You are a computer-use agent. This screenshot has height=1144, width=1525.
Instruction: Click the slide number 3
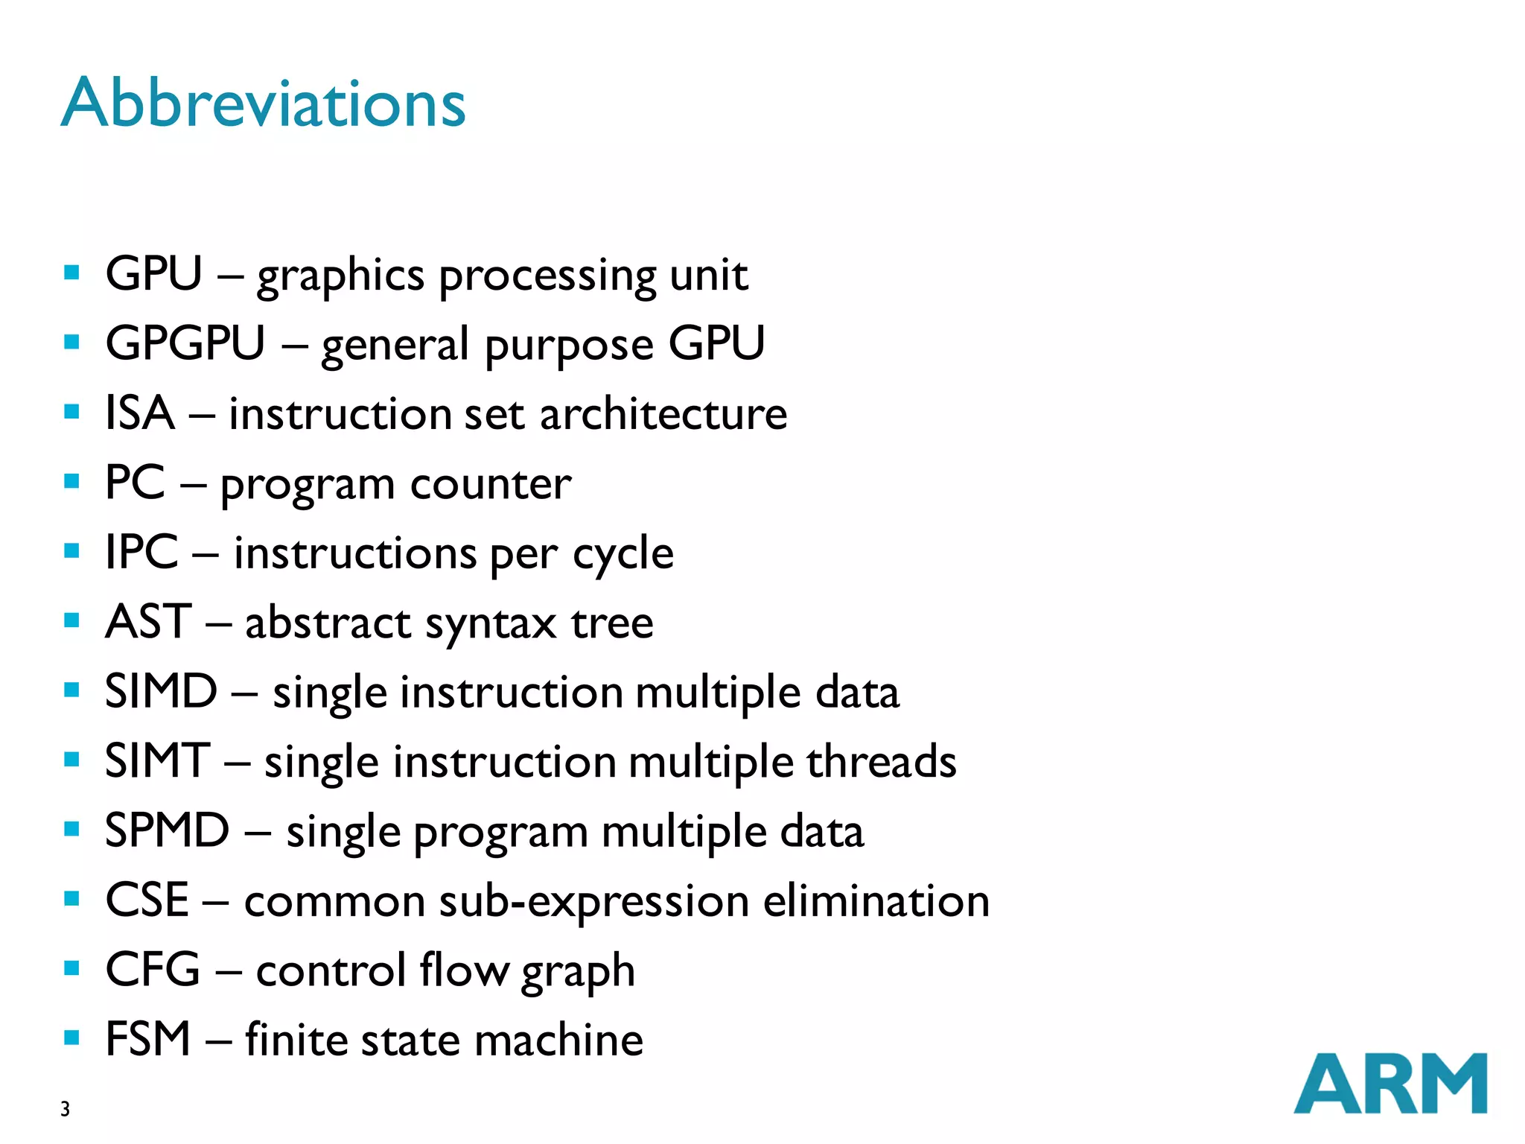[x=66, y=1109]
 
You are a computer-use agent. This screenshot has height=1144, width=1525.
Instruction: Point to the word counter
[x=491, y=484]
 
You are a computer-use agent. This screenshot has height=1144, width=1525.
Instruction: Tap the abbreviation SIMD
[x=161, y=691]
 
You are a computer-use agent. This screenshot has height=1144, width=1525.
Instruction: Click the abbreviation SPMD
[x=167, y=830]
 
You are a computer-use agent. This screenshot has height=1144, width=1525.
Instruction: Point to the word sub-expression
[x=593, y=901]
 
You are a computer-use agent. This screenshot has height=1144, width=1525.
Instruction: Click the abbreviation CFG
[x=153, y=970]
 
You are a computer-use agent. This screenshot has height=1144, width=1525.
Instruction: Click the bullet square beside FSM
[x=72, y=1037]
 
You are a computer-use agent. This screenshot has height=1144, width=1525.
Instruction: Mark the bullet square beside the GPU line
[x=72, y=273]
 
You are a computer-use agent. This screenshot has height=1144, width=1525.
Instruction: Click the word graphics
[x=340, y=276]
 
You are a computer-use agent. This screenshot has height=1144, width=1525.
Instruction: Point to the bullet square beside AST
[x=72, y=620]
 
